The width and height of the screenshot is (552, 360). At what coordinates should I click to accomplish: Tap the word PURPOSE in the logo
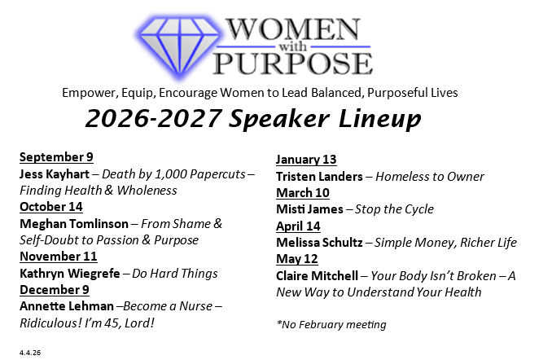coord(293,63)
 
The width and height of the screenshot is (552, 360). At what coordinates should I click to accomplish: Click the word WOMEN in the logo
coord(293,29)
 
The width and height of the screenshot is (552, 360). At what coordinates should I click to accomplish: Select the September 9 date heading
coord(56,156)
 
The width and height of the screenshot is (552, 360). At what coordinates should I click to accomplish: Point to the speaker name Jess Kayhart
coord(55,174)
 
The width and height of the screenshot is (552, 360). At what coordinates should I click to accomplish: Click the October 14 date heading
coord(51,206)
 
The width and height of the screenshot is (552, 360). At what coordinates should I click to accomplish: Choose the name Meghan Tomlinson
coord(74,224)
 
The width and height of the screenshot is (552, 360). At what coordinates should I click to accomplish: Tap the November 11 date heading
coord(59,256)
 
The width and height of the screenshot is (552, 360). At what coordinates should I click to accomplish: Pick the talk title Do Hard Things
coord(175,274)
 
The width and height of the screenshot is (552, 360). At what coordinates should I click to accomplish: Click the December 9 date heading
coord(55,290)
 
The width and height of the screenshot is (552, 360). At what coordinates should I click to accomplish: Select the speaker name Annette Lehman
coord(67,306)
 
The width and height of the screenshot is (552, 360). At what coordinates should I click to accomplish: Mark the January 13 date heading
coord(306,159)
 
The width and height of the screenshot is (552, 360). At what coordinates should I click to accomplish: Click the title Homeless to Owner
coord(430,177)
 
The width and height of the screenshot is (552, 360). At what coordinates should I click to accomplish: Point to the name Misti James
coord(310,209)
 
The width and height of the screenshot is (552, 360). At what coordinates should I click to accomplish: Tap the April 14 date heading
coord(298,226)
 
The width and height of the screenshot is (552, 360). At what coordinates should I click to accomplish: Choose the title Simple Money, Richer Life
coord(445,243)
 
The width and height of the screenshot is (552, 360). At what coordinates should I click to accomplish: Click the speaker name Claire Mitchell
coord(318,276)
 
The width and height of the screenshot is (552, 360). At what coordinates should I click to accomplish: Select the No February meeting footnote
coord(331,324)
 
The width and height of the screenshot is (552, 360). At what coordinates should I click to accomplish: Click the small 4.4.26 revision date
coord(30,352)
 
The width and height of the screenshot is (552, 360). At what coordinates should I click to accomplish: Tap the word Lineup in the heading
coord(380,119)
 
